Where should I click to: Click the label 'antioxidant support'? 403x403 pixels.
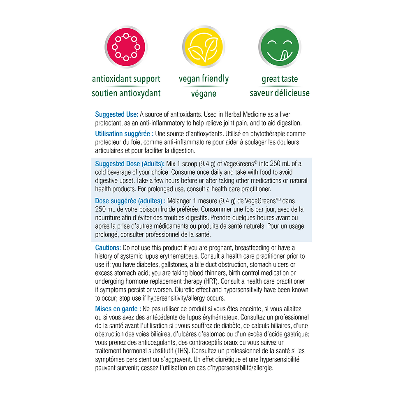click(x=126, y=79)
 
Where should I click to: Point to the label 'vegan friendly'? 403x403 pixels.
click(x=204, y=79)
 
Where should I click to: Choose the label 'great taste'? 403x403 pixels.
click(x=280, y=79)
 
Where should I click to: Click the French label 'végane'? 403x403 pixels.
click(x=204, y=93)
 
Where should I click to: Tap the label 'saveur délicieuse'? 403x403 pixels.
click(x=280, y=93)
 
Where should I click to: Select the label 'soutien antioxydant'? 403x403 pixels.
click(x=126, y=93)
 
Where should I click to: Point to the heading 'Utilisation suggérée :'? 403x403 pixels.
click(x=125, y=134)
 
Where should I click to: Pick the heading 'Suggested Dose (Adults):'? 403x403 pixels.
click(x=130, y=164)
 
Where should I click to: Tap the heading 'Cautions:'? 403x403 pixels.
click(x=108, y=248)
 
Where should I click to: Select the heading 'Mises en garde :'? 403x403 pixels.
click(x=118, y=308)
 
